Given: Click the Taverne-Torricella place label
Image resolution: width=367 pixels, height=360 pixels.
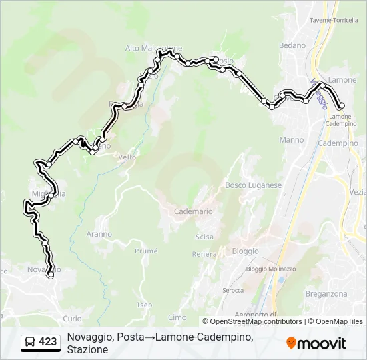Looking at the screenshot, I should [334, 21].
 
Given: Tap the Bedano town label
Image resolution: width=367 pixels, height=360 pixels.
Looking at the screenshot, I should [292, 45].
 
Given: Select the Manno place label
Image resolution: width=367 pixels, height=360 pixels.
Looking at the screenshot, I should [292, 140].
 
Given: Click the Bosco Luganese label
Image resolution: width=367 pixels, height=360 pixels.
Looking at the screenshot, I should [253, 185].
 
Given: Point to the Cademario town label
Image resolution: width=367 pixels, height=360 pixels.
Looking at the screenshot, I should [193, 211].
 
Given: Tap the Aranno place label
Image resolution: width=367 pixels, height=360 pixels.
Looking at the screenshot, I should [99, 234].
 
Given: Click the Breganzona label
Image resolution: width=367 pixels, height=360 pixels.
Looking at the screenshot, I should [326, 294].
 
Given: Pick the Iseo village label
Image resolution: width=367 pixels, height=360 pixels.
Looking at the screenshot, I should [145, 305].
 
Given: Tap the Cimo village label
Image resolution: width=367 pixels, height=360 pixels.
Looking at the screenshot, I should [177, 317].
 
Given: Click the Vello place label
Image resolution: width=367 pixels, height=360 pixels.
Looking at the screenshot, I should [127, 157].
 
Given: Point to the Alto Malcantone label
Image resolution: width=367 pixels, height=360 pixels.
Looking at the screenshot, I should [153, 48].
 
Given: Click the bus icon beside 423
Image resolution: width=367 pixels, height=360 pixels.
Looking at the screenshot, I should [30, 342].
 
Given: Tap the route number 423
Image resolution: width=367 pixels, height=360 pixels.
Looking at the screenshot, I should [47, 342].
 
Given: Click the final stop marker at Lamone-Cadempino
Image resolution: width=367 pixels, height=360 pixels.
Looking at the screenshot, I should [342, 106].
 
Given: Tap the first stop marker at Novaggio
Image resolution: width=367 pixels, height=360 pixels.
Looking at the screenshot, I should [50, 274].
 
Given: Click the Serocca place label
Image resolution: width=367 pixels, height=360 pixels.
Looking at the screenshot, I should [233, 291].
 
